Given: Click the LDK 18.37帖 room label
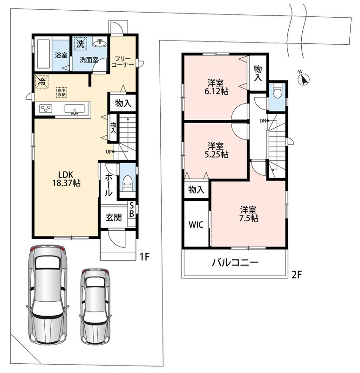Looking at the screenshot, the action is click(x=66, y=179).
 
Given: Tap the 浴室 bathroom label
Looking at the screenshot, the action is click(x=61, y=55).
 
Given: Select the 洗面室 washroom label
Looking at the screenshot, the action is click(x=89, y=60).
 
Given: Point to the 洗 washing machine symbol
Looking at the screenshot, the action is click(x=80, y=44).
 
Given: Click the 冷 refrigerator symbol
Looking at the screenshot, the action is click(x=42, y=82).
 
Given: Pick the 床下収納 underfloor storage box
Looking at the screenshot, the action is click(x=61, y=92).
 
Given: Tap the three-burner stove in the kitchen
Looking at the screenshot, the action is click(x=46, y=109).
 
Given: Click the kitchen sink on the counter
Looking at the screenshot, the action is click(x=75, y=110).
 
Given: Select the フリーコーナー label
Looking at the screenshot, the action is click(x=122, y=62).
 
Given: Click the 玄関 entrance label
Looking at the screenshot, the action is click(x=114, y=217).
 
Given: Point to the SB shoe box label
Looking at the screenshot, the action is click(x=131, y=210).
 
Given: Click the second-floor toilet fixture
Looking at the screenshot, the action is click(x=277, y=90).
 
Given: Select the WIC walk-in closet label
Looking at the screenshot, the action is click(x=196, y=225).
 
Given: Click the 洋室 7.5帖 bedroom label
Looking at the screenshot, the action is click(x=249, y=214).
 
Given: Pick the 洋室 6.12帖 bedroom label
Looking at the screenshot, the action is click(x=217, y=87).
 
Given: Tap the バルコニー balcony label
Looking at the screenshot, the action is click(x=235, y=262).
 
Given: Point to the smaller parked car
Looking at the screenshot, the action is click(x=96, y=306).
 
